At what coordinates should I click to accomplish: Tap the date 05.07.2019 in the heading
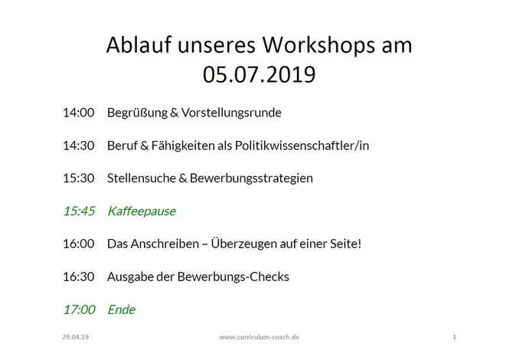tap(259, 74)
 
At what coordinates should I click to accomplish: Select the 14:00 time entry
tap(79, 113)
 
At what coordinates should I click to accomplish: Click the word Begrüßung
tap(137, 113)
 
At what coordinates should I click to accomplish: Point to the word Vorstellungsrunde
tap(231, 113)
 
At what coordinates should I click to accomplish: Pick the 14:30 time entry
tap(79, 146)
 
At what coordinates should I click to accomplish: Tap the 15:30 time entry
tap(79, 178)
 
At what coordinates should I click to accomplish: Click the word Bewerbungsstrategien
tap(251, 178)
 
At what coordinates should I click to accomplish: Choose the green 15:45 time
tap(79, 211)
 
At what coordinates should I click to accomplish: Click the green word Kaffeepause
tap(142, 211)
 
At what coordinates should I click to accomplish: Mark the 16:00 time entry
tap(79, 244)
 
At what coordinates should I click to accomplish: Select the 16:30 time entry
tap(79, 277)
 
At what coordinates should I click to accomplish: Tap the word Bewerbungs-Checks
tap(233, 277)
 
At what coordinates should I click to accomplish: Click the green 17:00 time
tap(79, 309)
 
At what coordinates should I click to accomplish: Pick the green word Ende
tap(122, 309)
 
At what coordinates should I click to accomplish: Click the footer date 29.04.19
tap(75, 337)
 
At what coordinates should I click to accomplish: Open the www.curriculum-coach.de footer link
tap(260, 337)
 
